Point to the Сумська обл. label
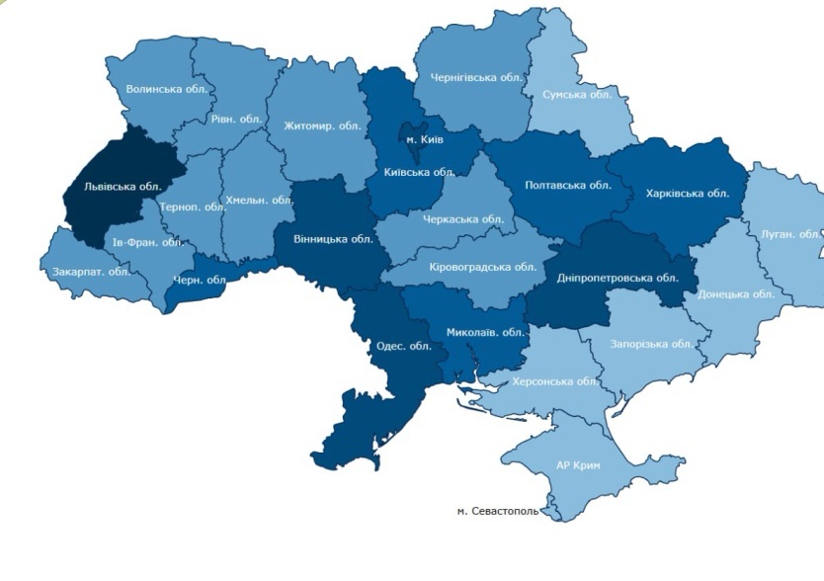578,95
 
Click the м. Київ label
425,139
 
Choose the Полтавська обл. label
568,185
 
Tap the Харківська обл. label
687,194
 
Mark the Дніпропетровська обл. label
617,278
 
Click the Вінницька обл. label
333,239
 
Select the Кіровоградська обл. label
483,267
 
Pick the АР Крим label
578,464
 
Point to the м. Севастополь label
498,512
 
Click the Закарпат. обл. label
91,272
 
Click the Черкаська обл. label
463,219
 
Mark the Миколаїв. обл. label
483,332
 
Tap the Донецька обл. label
734,294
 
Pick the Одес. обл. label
404,346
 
